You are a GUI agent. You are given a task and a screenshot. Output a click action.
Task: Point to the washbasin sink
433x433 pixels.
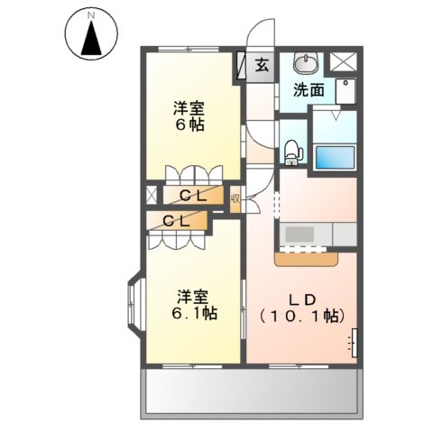point(307,63)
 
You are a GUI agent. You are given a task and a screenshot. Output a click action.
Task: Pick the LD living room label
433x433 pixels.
point(301,299)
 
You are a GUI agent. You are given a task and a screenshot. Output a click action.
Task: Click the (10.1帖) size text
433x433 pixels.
point(302,316)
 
